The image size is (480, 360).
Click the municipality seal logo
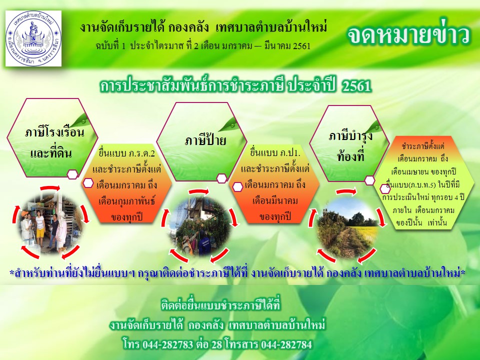tap(33, 38)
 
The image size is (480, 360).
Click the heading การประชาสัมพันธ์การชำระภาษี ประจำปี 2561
tap(235, 86)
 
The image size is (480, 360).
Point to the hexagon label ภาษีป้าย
tap(205, 140)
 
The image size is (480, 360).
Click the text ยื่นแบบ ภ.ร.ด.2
tap(126, 153)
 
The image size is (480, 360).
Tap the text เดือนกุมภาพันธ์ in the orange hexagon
tap(126, 201)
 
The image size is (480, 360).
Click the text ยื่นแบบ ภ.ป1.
tap(275, 152)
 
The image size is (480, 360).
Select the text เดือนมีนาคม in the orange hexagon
tap(275, 201)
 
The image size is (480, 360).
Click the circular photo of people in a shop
tap(51, 222)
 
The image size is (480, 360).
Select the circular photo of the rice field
tap(347, 227)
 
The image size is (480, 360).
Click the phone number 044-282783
tap(168, 344)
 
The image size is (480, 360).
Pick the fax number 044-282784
tap(286, 344)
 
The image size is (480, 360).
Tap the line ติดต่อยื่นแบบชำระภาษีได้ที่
tap(220, 305)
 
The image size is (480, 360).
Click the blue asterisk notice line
tap(237, 273)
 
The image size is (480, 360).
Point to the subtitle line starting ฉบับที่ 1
tap(203, 46)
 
